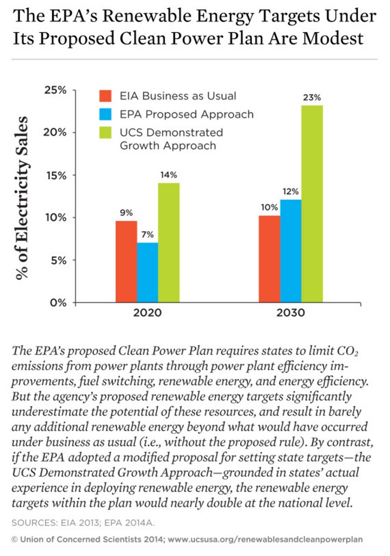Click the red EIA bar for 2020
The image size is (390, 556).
126,262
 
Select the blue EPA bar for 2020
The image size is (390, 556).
148,272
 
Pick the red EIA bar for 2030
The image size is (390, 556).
270,259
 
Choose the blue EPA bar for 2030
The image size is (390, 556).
291,251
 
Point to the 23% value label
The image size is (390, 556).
312,97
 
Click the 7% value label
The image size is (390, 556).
148,235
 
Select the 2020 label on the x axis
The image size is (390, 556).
147,313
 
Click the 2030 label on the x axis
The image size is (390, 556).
290,313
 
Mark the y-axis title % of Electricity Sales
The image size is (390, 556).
22,197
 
